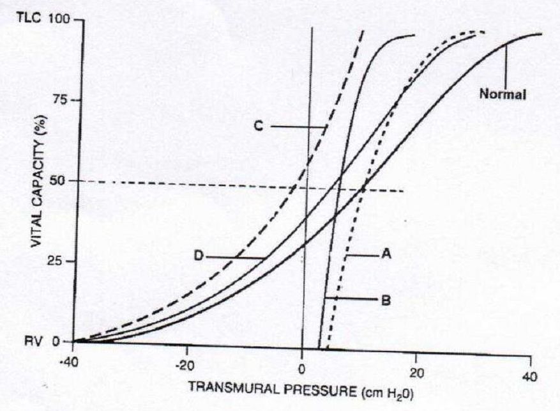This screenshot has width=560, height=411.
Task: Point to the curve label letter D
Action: [199, 257]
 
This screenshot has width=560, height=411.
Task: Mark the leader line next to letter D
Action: [236, 258]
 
